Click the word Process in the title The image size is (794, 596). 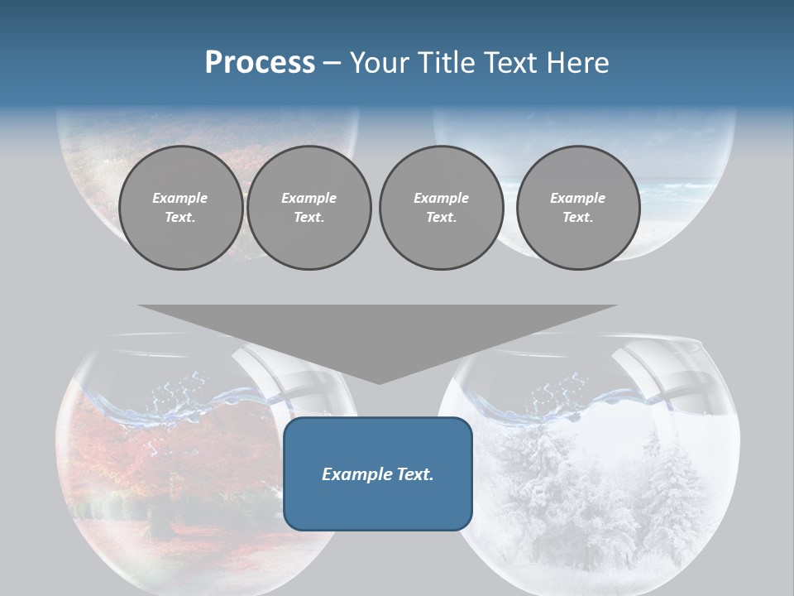(x=260, y=63)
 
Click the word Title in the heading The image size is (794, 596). (x=446, y=63)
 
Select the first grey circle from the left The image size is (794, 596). (x=180, y=208)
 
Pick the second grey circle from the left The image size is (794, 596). (x=309, y=208)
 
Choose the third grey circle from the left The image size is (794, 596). (x=441, y=208)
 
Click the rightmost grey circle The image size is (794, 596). (x=577, y=208)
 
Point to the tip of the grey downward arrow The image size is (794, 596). (x=378, y=382)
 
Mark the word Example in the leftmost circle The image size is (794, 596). (x=180, y=198)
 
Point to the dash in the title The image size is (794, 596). (x=332, y=64)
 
